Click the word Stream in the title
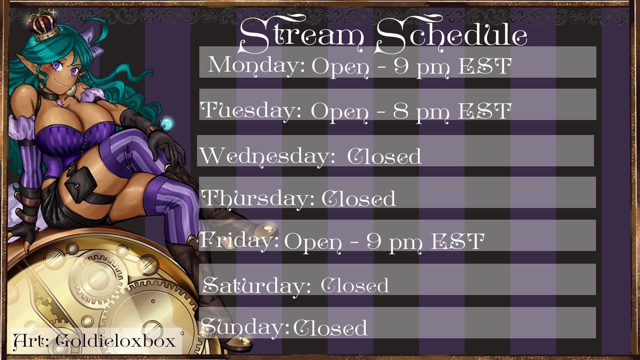(302, 35)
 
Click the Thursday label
(258, 198)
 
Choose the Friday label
(239, 241)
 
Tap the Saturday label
(257, 286)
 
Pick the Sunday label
(245, 327)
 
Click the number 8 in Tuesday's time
(401, 111)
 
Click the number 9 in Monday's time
(401, 66)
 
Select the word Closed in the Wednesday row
(384, 156)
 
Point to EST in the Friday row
(458, 241)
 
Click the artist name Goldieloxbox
(116, 341)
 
